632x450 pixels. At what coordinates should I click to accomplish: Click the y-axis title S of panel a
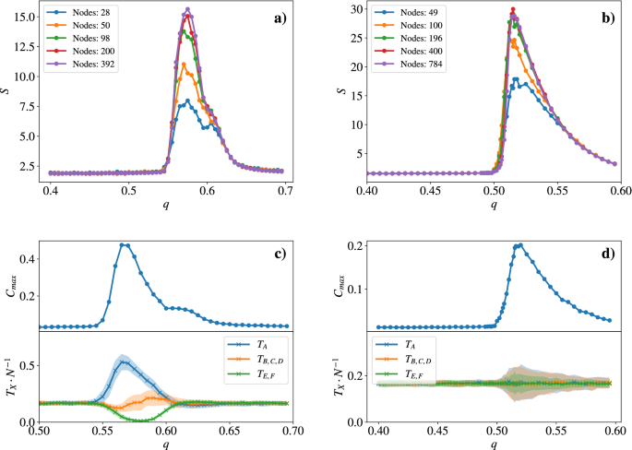[x=7, y=90]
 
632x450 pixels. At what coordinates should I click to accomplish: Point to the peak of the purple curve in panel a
[x=187, y=10]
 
